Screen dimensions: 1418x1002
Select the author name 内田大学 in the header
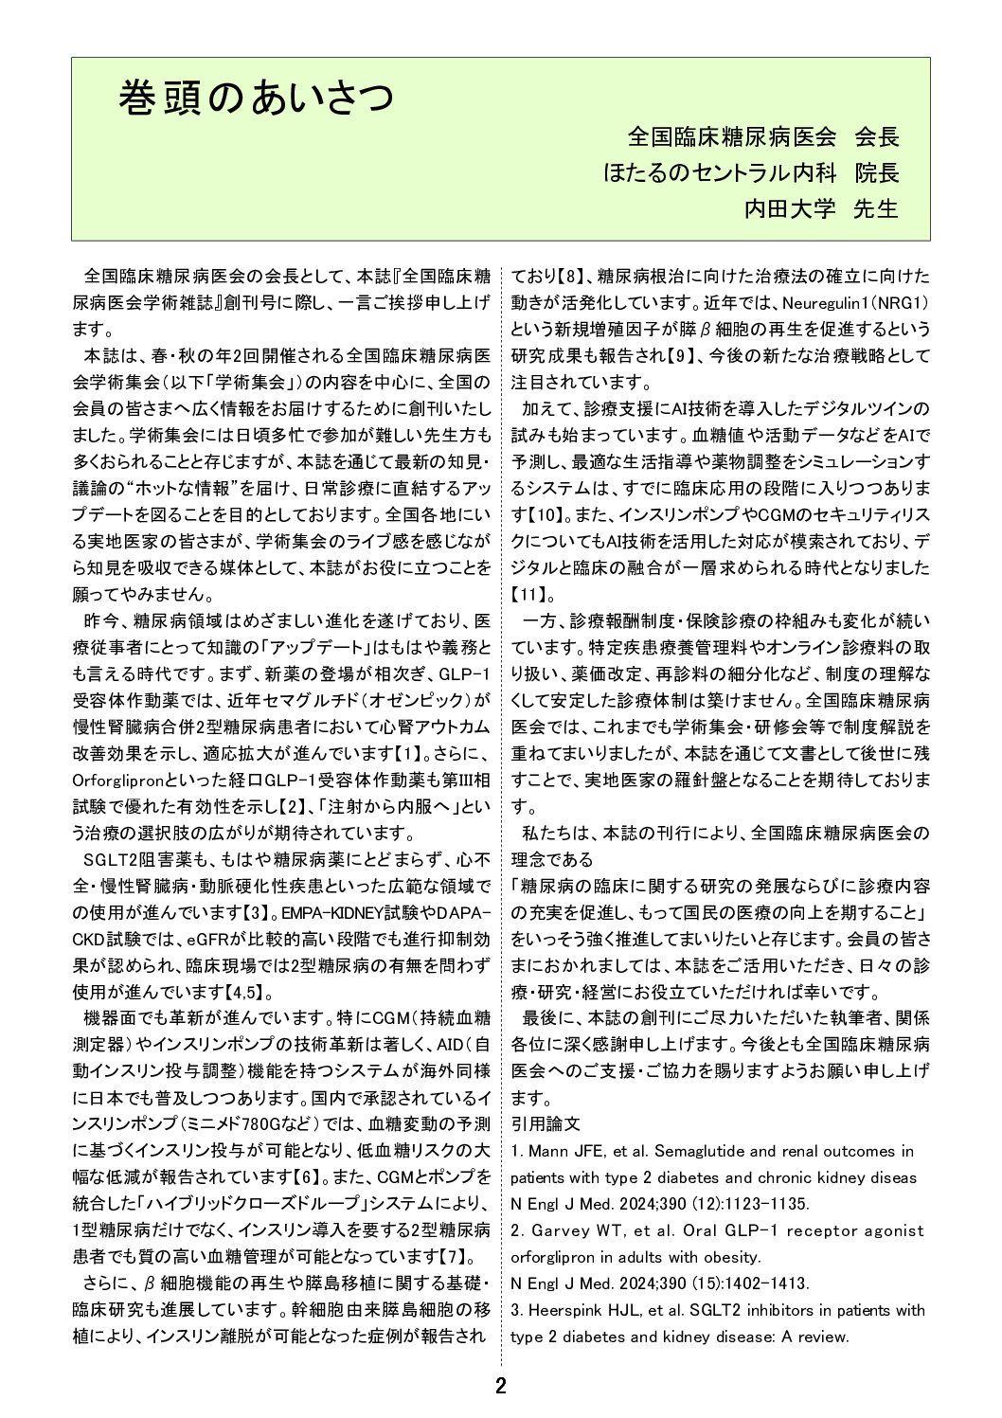(x=784, y=208)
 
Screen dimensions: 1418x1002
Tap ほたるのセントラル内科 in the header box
(x=719, y=173)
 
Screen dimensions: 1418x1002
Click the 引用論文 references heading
(x=546, y=1124)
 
